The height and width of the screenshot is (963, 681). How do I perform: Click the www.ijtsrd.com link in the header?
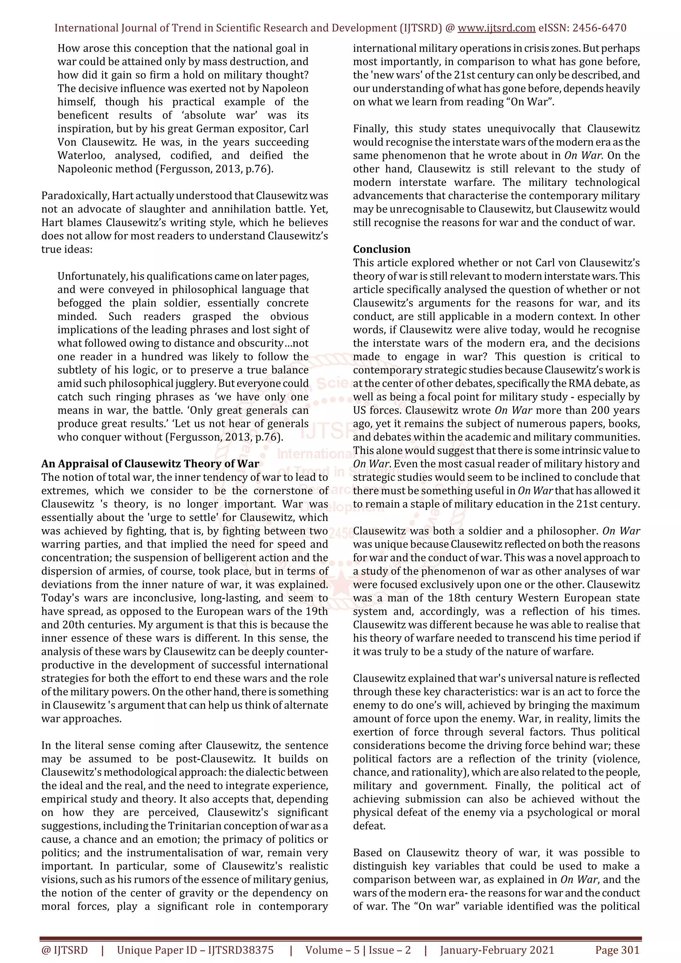pyautogui.click(x=496, y=28)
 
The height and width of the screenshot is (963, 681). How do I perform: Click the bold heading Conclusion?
pyautogui.click(x=381, y=249)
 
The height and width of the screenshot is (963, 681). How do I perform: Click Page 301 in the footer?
pyautogui.click(x=617, y=950)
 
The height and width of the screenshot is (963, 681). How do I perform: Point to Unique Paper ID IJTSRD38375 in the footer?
pyautogui.click(x=195, y=950)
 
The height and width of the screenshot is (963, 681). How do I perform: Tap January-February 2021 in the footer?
pyautogui.click(x=497, y=950)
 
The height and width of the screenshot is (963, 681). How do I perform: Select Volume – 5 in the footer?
pyautogui.click(x=332, y=950)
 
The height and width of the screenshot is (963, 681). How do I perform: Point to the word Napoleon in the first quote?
pyautogui.click(x=285, y=88)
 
